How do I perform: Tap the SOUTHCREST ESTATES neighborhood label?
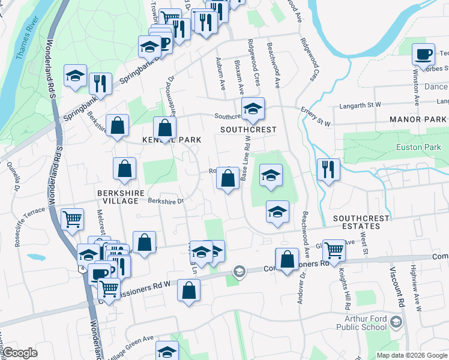361,222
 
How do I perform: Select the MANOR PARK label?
418,120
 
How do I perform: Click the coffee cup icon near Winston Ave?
423,55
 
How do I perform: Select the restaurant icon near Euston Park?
328,169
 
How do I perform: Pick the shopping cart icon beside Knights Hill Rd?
334,250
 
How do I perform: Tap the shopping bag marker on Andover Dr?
288,259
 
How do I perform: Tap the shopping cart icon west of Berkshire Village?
72,220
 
